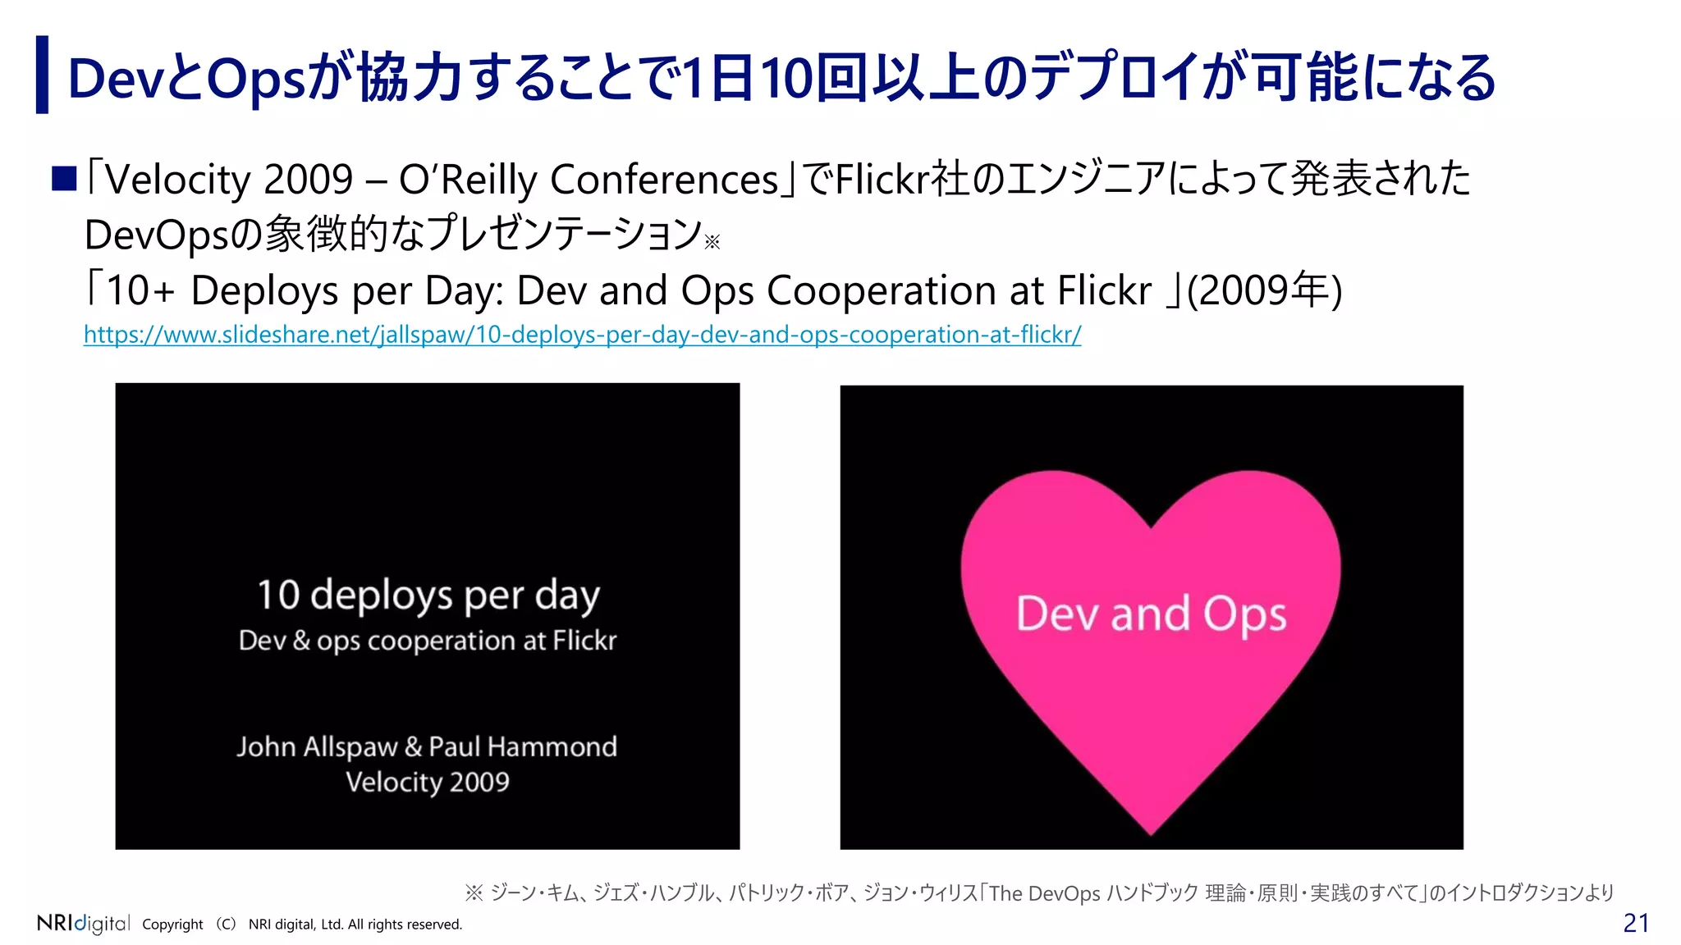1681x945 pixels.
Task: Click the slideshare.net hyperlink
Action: click(582, 335)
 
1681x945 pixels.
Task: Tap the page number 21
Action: click(1635, 923)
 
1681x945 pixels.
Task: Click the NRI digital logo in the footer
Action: click(83, 923)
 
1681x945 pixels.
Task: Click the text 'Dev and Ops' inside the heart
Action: click(1151, 614)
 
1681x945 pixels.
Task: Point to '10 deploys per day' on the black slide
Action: click(428, 595)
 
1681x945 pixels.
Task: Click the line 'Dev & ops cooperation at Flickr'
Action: click(428, 641)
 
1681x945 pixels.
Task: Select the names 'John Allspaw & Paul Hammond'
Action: click(427, 746)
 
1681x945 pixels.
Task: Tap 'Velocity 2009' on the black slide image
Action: click(428, 782)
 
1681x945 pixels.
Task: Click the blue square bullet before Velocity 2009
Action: click(64, 178)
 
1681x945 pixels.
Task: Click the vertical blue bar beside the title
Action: click(42, 75)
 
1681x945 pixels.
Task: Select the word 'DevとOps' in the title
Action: click(186, 79)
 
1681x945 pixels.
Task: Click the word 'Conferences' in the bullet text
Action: click(663, 179)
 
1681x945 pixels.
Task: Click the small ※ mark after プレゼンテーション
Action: click(712, 241)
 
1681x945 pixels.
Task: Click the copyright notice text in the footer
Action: click(302, 924)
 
